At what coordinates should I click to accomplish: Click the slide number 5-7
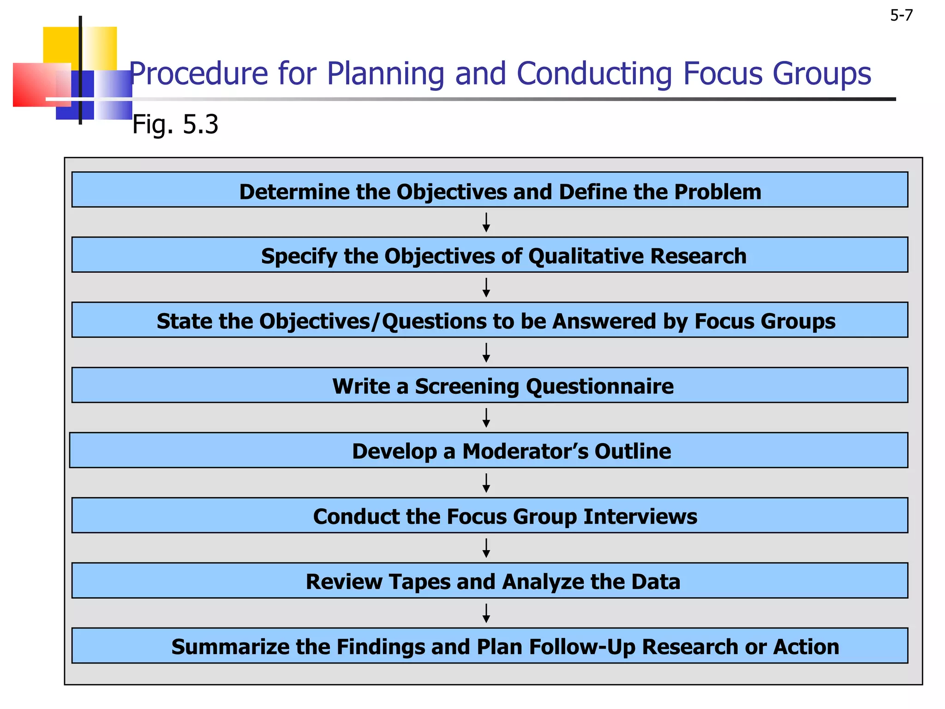tap(901, 16)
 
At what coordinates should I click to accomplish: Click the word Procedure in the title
tap(198, 74)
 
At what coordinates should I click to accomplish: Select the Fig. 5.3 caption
tap(175, 124)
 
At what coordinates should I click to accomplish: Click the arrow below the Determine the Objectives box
tap(486, 222)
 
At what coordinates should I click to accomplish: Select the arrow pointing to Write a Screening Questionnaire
tap(486, 353)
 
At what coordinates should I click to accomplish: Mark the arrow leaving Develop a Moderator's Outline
tap(486, 483)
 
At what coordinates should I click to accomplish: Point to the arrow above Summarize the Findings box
tap(486, 613)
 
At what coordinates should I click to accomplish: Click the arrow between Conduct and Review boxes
tap(486, 548)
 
